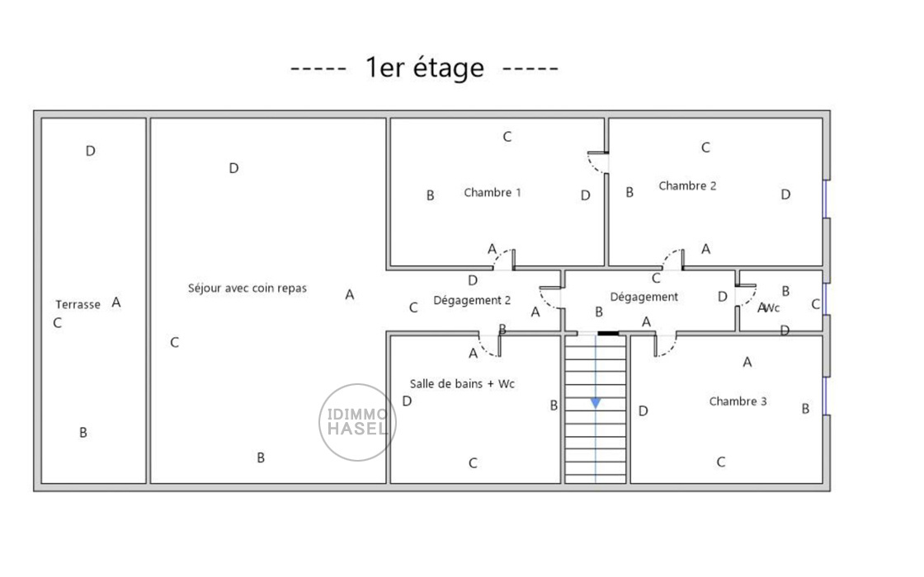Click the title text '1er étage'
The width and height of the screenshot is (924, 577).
point(424,68)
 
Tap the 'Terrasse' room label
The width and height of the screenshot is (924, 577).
point(78,304)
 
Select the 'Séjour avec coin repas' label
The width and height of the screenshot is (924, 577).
point(247,288)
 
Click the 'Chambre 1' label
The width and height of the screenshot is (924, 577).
point(493,193)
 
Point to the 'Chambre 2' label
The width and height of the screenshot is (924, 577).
point(687,186)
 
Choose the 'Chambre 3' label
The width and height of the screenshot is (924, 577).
point(738,401)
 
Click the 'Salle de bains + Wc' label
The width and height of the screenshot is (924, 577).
point(462,384)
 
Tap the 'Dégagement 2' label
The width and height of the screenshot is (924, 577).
point(472,301)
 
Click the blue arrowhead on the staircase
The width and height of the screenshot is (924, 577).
point(596,403)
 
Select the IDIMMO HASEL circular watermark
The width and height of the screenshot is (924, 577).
point(357,422)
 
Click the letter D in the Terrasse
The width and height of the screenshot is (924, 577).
point(91,151)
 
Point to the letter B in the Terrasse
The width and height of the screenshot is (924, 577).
point(83,433)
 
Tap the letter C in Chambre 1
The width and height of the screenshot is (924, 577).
point(507,137)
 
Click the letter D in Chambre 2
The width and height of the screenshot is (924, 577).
point(785,195)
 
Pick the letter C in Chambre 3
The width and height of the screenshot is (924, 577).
point(720,462)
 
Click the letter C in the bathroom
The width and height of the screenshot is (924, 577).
point(473,463)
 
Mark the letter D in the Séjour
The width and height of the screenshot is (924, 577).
point(233,168)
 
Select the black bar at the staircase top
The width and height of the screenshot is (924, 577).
point(608,334)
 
